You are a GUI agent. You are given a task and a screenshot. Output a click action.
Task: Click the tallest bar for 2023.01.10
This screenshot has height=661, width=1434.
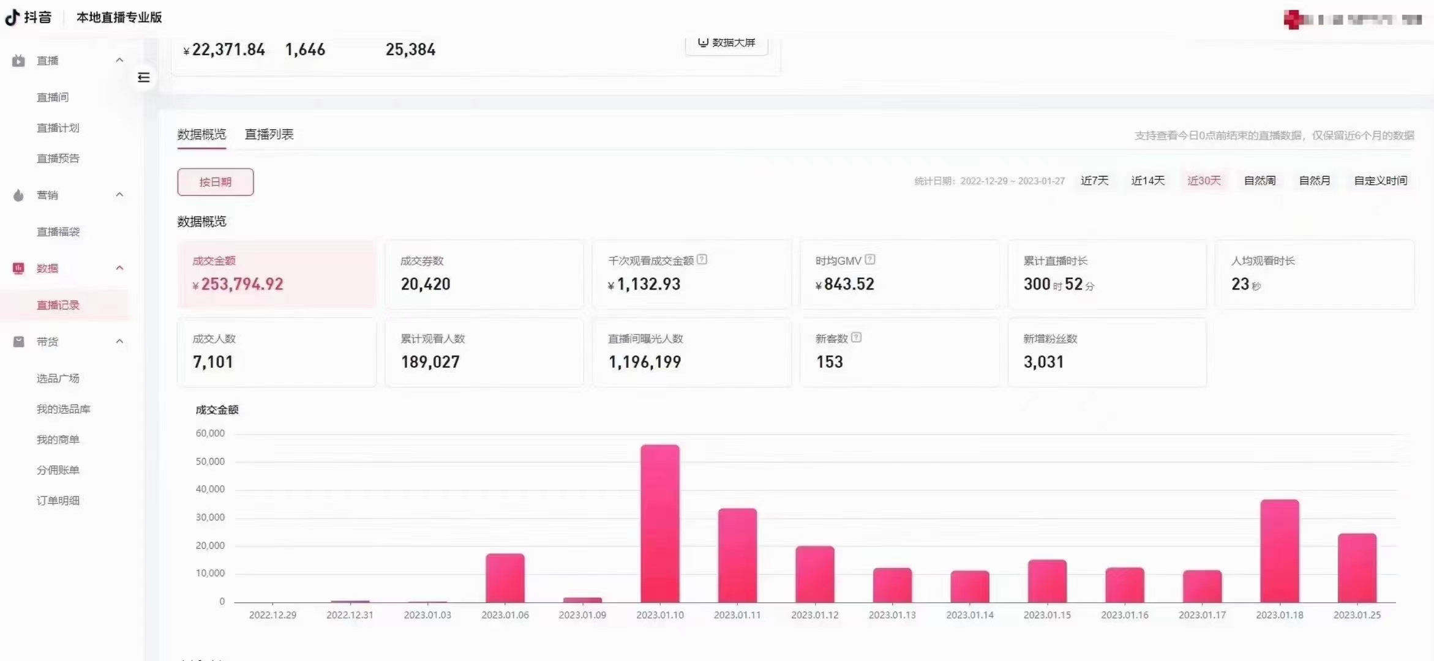(x=659, y=523)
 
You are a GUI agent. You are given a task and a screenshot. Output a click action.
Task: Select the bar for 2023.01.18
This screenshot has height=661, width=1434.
(x=1279, y=551)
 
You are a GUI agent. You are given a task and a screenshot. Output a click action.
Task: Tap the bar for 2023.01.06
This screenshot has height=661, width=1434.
(x=505, y=578)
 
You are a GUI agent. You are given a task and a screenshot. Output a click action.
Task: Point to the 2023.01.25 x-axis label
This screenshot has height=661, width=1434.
(x=1357, y=615)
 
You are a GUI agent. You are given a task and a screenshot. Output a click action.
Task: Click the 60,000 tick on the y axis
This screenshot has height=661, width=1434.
(x=210, y=433)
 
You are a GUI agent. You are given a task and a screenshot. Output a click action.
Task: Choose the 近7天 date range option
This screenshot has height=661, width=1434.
(x=1094, y=181)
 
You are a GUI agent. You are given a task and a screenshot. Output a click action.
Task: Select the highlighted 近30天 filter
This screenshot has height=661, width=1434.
(x=1204, y=181)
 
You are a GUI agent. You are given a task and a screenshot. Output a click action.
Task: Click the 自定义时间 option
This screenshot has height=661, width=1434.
(x=1380, y=181)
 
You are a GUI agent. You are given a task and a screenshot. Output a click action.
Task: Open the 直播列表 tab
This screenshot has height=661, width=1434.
(x=269, y=135)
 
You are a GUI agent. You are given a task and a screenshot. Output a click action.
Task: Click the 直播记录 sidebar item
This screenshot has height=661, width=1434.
(x=58, y=305)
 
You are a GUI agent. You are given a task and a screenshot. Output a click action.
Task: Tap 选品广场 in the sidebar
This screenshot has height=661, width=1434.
(x=58, y=378)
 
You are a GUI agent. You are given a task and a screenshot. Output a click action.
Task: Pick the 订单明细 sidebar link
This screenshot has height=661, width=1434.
(x=58, y=501)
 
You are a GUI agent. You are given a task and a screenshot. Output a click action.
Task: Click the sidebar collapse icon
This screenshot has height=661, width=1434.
(x=144, y=78)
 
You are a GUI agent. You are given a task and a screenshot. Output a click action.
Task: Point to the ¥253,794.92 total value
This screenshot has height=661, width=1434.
(x=242, y=284)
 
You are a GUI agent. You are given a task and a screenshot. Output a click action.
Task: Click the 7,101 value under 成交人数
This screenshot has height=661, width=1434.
(x=213, y=362)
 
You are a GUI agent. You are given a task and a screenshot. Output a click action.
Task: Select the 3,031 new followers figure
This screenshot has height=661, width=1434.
(x=1043, y=362)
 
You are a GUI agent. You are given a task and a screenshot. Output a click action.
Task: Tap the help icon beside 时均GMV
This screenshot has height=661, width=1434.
(x=870, y=260)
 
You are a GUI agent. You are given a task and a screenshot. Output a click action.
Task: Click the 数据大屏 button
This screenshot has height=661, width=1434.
(x=727, y=43)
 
